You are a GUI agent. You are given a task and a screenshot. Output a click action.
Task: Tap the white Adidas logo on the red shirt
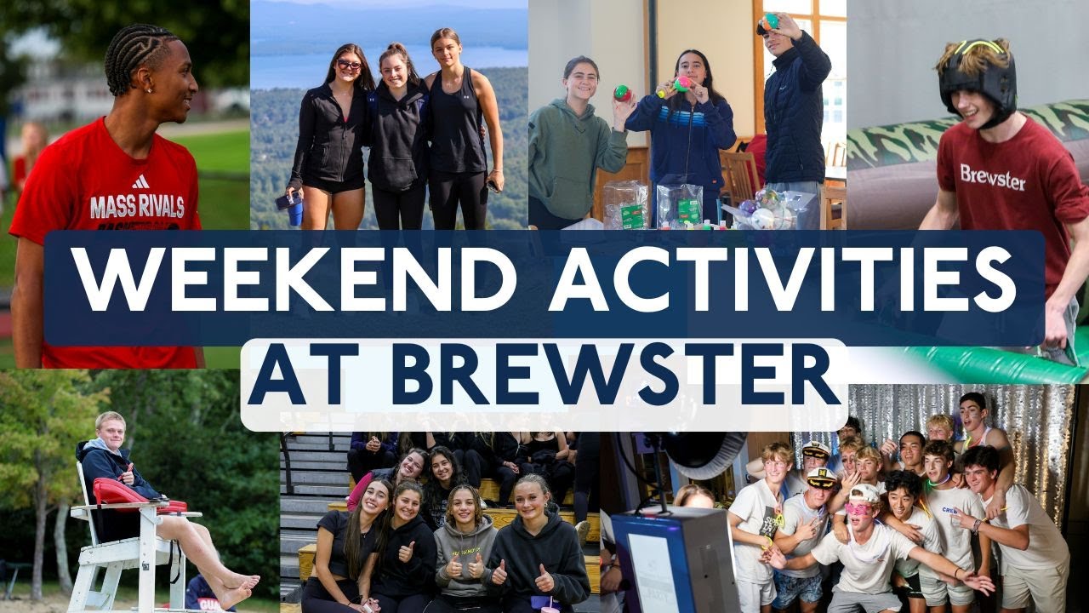(140, 180)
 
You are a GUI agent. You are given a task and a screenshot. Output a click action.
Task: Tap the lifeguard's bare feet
(238, 587)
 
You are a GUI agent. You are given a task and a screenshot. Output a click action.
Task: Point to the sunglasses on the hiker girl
(349, 65)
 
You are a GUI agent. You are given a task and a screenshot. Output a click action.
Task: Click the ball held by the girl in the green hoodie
(623, 94)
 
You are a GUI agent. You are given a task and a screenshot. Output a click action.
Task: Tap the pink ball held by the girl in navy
(681, 83)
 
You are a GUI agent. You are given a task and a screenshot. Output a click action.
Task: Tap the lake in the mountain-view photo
(383, 68)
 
